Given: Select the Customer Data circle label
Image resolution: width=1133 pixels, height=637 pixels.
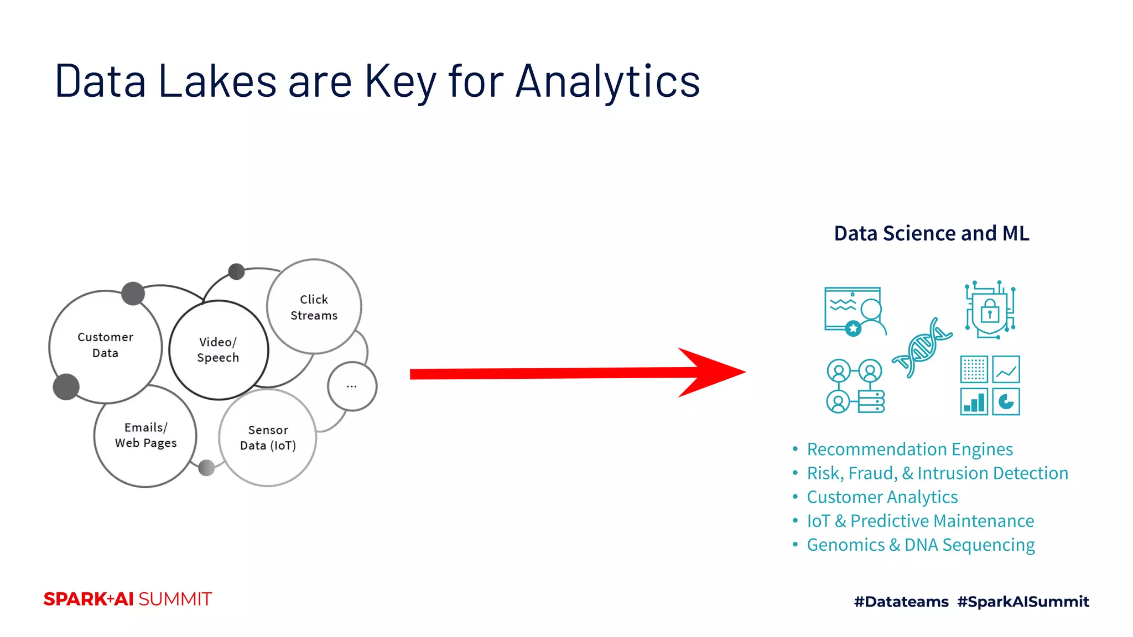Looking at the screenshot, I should [x=105, y=345].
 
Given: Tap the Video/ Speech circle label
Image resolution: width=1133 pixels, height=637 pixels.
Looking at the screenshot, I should [x=218, y=350].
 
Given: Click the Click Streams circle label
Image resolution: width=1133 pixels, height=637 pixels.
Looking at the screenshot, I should [x=314, y=307].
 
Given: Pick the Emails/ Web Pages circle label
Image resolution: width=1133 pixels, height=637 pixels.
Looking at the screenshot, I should [x=145, y=435].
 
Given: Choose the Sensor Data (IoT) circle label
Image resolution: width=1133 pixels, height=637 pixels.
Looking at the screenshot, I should [x=268, y=438].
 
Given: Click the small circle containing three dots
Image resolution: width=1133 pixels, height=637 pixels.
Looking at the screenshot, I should [x=352, y=387].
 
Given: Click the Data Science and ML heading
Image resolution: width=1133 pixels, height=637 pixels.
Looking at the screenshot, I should [x=931, y=233].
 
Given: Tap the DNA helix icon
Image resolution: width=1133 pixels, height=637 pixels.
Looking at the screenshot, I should [x=922, y=348].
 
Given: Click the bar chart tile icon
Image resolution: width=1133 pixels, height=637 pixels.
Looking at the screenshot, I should [x=974, y=401].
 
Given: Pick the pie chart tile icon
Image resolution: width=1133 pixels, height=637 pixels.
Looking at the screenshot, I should [x=1006, y=401].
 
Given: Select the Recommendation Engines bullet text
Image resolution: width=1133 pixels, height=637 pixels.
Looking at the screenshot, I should [x=909, y=450].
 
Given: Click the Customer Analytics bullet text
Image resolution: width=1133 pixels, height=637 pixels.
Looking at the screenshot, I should [x=882, y=497].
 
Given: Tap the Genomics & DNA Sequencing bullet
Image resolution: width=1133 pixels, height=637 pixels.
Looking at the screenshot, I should [x=921, y=545].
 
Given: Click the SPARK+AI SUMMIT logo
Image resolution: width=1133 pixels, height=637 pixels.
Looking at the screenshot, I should [x=128, y=599].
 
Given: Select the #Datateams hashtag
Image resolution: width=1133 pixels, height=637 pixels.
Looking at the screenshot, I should [x=901, y=602].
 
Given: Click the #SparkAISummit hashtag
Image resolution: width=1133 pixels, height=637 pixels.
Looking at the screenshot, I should [x=1023, y=602].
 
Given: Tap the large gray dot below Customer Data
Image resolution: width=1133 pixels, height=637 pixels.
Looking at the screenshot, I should [x=66, y=387].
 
